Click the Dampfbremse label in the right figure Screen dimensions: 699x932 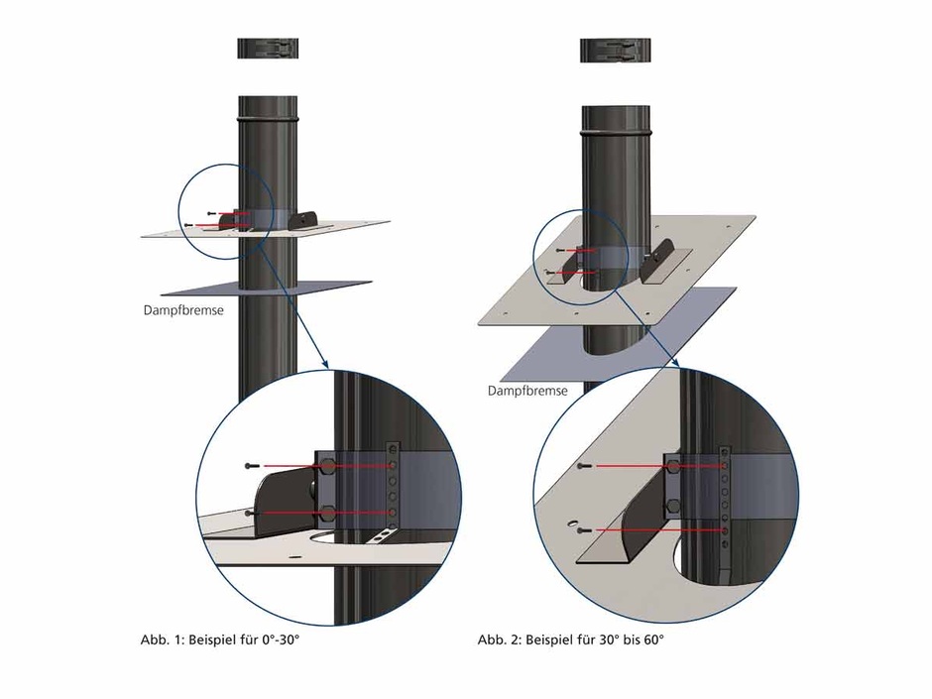pyautogui.click(x=527, y=391)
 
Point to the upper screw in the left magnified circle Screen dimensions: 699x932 pyautogui.click(x=250, y=464)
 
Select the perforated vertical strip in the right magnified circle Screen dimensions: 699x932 pyautogui.click(x=727, y=506)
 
